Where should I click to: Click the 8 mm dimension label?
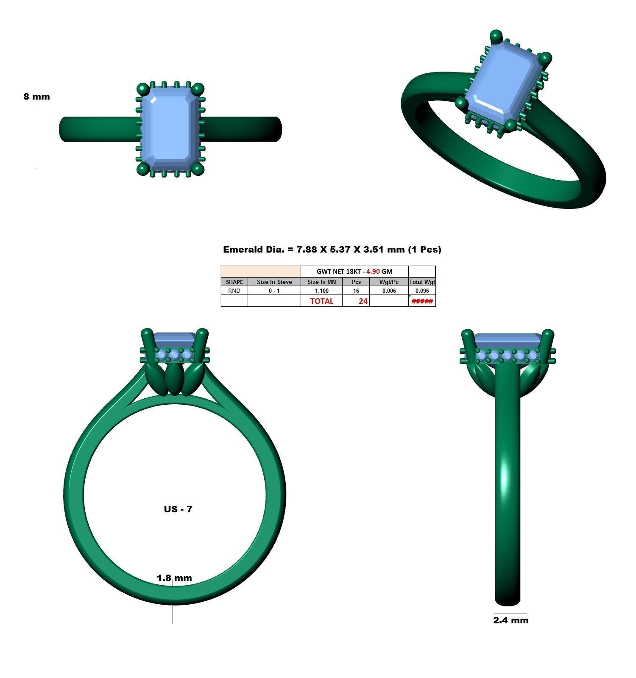point(36,97)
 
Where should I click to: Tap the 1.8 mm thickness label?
point(174,578)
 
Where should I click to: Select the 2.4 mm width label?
point(510,620)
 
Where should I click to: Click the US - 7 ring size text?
point(178,509)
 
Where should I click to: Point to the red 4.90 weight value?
point(373,271)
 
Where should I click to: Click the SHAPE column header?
point(234,282)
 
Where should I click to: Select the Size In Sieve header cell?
point(274,282)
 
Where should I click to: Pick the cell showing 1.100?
point(321,291)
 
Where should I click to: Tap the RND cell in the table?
point(234,291)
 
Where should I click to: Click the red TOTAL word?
point(321,301)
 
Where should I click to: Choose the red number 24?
point(363,301)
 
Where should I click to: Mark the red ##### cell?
point(422,301)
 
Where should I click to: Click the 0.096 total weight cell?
point(422,291)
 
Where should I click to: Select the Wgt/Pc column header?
point(388,282)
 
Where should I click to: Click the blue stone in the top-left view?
point(170,129)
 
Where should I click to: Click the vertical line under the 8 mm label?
point(35,136)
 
